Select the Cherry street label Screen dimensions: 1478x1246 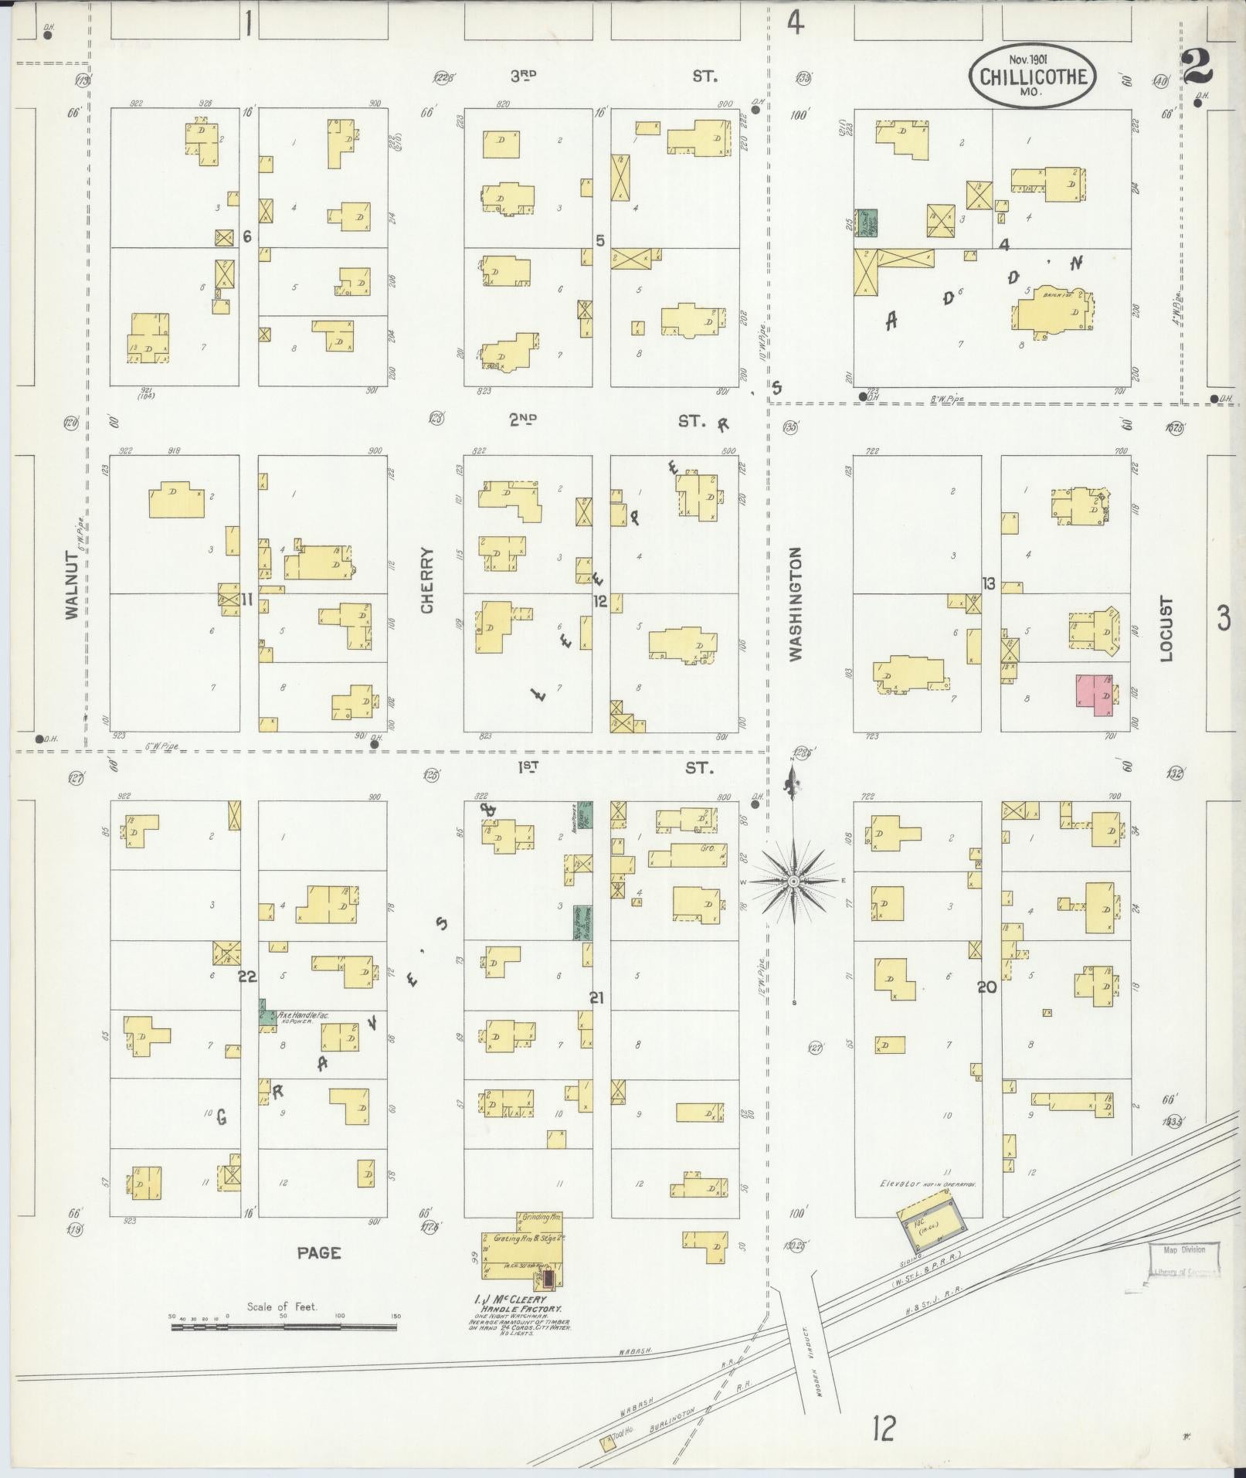pos(427,580)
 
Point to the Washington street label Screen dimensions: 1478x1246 pos(796,603)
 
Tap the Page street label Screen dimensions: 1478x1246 pos(319,1252)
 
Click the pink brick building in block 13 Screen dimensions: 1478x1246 pos(1094,690)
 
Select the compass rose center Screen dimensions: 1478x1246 pos(794,881)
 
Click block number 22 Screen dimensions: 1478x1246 pos(247,977)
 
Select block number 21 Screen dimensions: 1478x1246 pos(596,997)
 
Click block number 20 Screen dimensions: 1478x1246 pos(987,987)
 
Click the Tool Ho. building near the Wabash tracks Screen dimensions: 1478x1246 pos(607,1440)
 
